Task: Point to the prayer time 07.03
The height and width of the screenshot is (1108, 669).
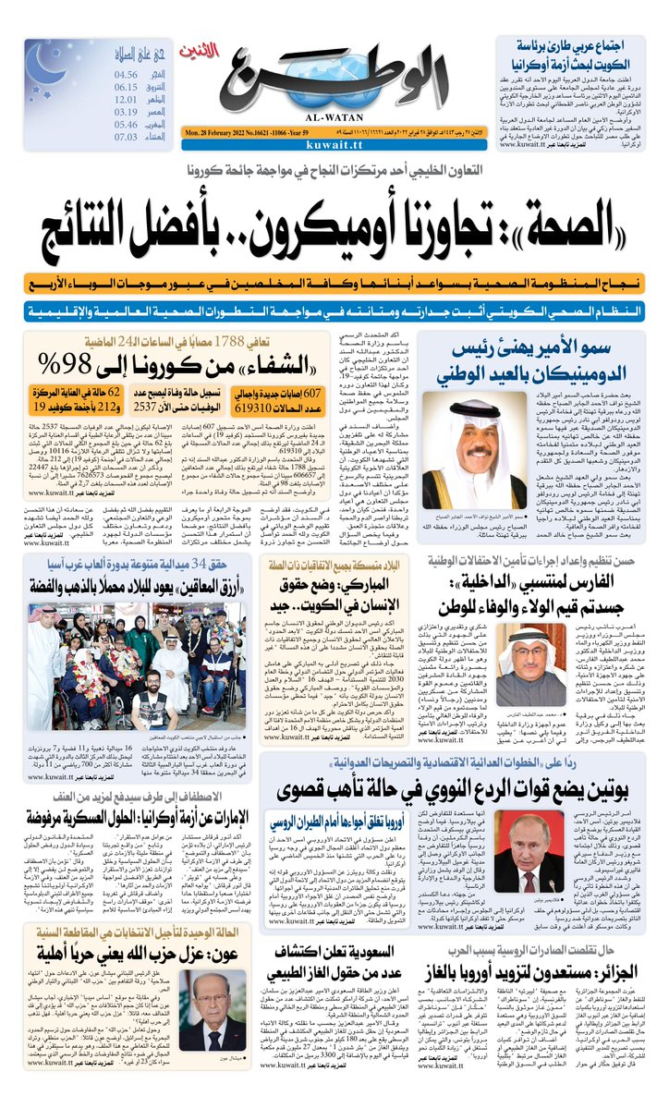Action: [126, 137]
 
